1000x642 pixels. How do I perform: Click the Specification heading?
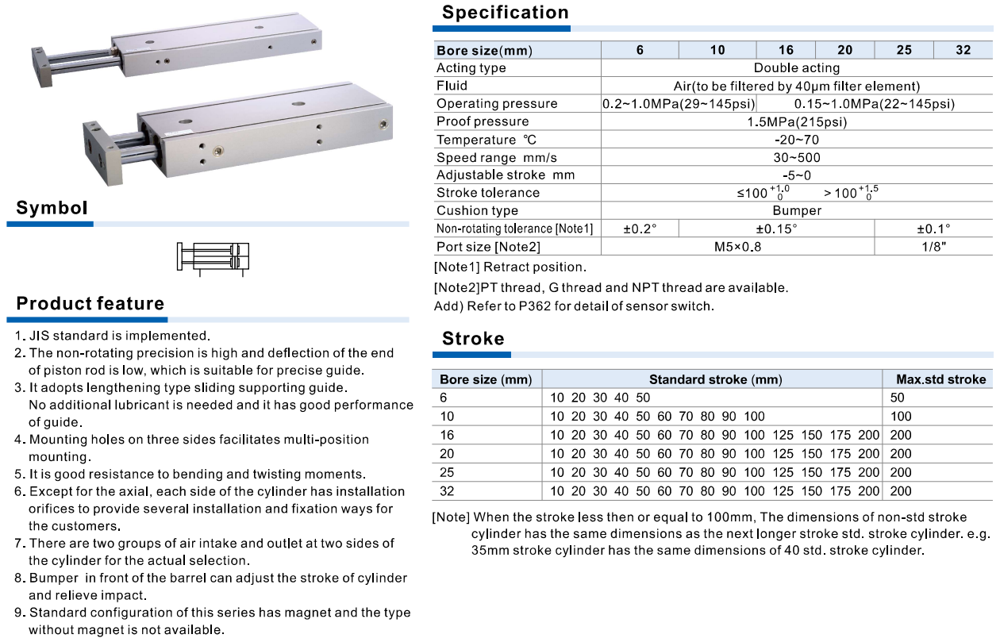505,13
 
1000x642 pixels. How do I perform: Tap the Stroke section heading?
473,339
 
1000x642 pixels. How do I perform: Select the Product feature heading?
90,304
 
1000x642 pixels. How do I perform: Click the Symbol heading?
52,209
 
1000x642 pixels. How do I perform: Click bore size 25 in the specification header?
903,50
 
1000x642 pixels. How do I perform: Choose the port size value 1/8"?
933,247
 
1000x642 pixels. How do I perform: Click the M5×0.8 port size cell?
738,247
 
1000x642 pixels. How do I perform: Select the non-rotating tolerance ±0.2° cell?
640,229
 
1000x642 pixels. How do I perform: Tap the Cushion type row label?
477,211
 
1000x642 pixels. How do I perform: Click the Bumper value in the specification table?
797,211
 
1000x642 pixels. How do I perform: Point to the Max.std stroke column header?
940,379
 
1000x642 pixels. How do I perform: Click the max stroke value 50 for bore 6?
897,398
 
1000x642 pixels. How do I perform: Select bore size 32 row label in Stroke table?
447,491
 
